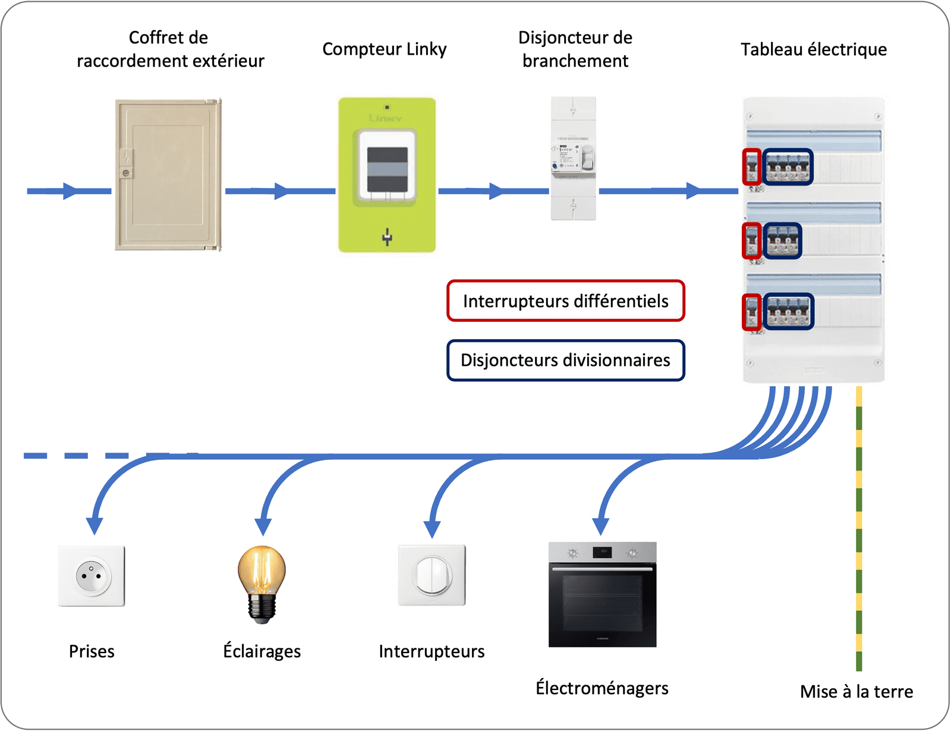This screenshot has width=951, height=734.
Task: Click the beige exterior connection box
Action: pos(168,174)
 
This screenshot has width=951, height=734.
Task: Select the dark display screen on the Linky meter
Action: pos(387,169)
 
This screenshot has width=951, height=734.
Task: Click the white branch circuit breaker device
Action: pos(573,158)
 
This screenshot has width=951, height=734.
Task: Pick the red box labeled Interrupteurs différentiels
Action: pos(565,301)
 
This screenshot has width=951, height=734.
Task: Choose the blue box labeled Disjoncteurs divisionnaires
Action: pos(565,360)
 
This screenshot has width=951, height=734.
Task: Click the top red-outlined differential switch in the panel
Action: pos(752,167)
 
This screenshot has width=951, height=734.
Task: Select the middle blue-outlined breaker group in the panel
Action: pos(782,241)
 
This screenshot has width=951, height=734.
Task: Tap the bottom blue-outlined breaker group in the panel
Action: pos(788,312)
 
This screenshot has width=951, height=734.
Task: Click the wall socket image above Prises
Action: pos(92,576)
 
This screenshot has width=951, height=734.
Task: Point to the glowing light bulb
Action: pos(262,583)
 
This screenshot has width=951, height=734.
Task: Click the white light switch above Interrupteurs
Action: pos(432,575)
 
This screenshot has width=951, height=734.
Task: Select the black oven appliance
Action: pos(602,594)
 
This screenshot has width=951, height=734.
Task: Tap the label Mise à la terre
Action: pos(856,692)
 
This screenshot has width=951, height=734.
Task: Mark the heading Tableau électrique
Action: pos(813,49)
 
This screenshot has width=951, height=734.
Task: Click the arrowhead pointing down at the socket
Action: pos(94,525)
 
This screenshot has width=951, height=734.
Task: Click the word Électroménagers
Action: pos(602,688)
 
